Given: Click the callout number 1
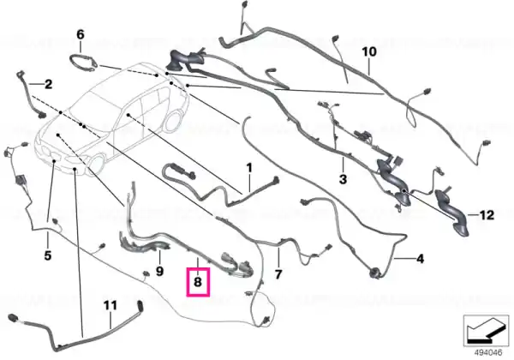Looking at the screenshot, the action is click(x=249, y=168).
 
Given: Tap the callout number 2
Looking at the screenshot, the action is click(x=48, y=85).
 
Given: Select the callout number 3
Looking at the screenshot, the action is click(x=343, y=179).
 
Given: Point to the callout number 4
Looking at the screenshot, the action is click(x=420, y=259).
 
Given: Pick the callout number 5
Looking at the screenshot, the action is click(x=48, y=255).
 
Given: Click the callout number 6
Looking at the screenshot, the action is click(x=81, y=34).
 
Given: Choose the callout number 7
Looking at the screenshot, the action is click(x=278, y=274).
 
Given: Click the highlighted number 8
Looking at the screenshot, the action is click(x=198, y=282).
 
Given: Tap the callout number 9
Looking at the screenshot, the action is click(x=159, y=271).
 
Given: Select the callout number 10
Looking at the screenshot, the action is click(x=369, y=51).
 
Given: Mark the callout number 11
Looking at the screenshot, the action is click(x=111, y=306).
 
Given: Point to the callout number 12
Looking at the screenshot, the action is click(x=487, y=215).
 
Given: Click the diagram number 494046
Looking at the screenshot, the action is click(x=488, y=353).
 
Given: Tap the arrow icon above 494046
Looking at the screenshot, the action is click(x=486, y=331).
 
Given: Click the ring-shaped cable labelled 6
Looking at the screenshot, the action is click(x=82, y=63).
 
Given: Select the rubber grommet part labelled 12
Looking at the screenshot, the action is click(x=451, y=212).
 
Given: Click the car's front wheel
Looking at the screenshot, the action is click(x=97, y=165).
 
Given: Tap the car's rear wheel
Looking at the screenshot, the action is click(x=173, y=122).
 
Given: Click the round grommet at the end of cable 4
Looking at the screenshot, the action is click(x=374, y=273).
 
